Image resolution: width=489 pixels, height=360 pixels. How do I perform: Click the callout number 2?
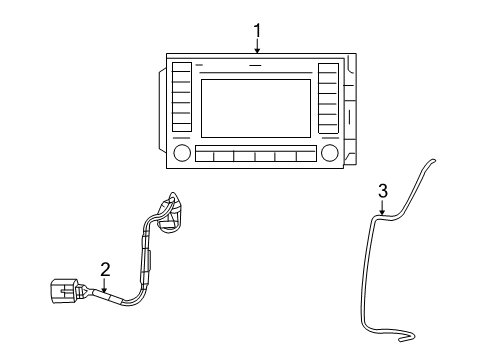tap(103, 268)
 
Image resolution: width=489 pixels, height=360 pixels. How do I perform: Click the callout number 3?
tap(381, 190)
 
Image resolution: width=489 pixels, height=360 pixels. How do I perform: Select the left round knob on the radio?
tap(182, 153)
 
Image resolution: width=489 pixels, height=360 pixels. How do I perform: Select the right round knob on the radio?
tap(329, 153)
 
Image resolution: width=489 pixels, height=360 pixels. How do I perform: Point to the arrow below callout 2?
tap(103, 283)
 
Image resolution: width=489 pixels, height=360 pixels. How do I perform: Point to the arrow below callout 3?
tap(381, 206)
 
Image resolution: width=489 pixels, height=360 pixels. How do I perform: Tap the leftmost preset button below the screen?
tap(204, 155)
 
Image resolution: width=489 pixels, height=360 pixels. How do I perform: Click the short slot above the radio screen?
tap(255, 67)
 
